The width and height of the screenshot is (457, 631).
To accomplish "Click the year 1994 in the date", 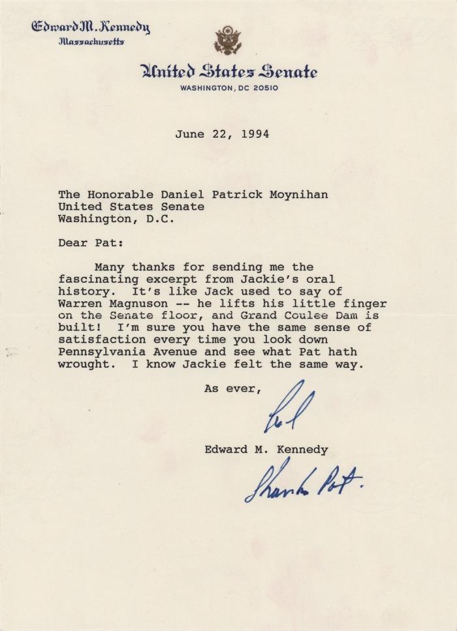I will [x=255, y=135].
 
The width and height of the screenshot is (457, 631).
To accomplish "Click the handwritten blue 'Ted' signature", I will [x=287, y=412].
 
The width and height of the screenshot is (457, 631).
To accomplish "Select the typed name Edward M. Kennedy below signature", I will [x=266, y=449].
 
